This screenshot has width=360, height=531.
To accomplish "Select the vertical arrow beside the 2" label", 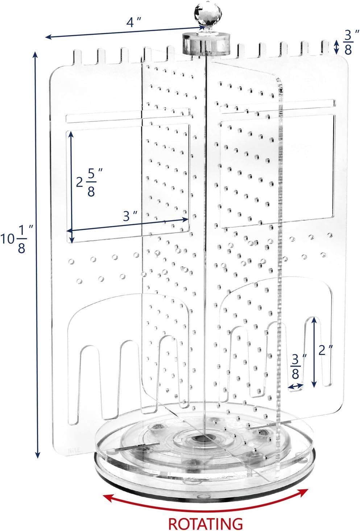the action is click(x=314, y=352).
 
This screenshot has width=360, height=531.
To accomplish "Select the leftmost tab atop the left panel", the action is click(x=78, y=57).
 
